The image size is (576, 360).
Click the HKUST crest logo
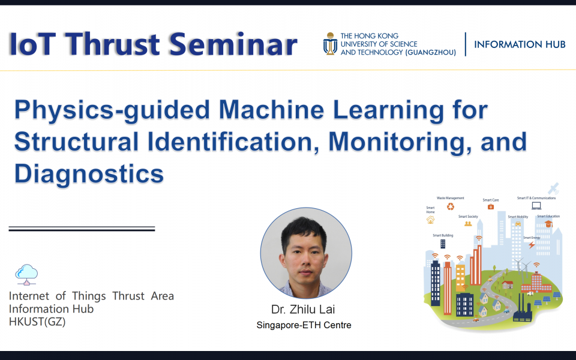coord(330,44)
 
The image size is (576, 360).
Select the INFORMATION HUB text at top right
coord(520,44)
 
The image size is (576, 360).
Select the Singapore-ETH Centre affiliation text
coord(304,325)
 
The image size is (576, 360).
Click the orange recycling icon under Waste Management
coord(450,207)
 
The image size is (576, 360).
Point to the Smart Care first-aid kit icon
coord(490,207)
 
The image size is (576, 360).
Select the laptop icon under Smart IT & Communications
coord(536,205)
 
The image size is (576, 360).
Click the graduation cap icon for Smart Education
coord(548,224)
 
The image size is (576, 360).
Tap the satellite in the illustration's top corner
coord(553,188)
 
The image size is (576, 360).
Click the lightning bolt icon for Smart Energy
coord(531,245)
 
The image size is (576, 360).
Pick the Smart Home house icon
coord(430,220)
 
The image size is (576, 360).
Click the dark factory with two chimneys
coord(524,310)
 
